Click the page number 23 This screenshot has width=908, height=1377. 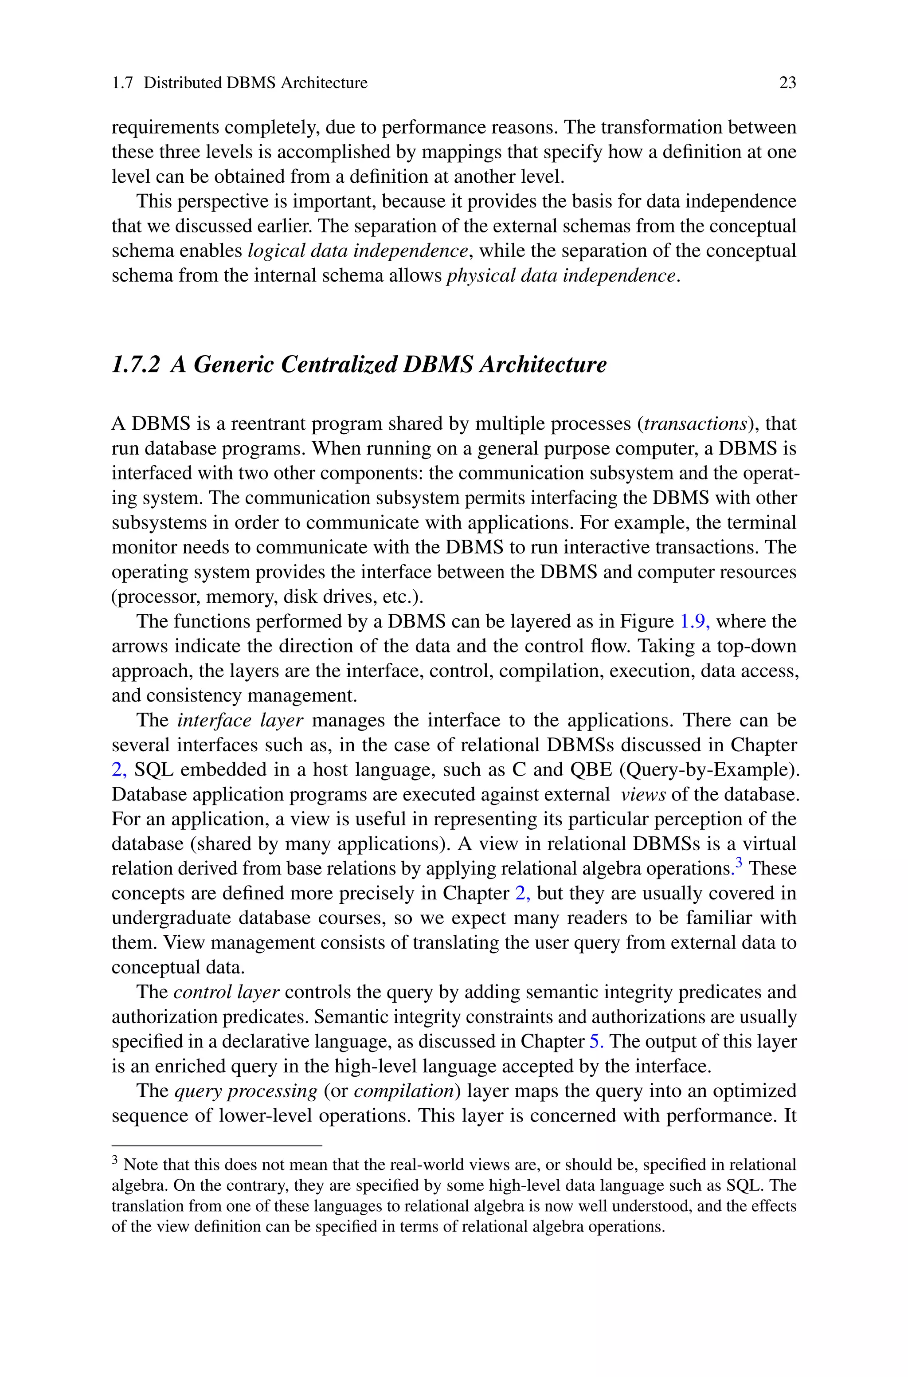coord(787,83)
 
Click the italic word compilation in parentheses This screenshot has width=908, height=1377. coord(403,1091)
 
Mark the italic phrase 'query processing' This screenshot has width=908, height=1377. coord(246,1091)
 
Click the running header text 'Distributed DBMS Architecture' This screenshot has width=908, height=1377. coord(255,83)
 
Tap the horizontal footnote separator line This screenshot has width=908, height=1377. coord(216,1146)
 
